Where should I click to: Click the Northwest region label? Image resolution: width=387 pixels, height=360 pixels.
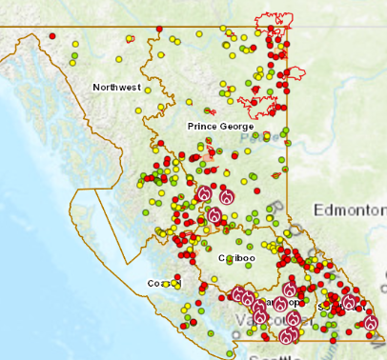116,88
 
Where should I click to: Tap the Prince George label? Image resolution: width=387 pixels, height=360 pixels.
220,126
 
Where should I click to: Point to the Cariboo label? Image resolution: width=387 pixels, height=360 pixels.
236,258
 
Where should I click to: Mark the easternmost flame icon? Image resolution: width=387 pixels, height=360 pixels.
370,324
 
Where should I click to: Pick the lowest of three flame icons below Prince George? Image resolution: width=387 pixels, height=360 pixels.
215,215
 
